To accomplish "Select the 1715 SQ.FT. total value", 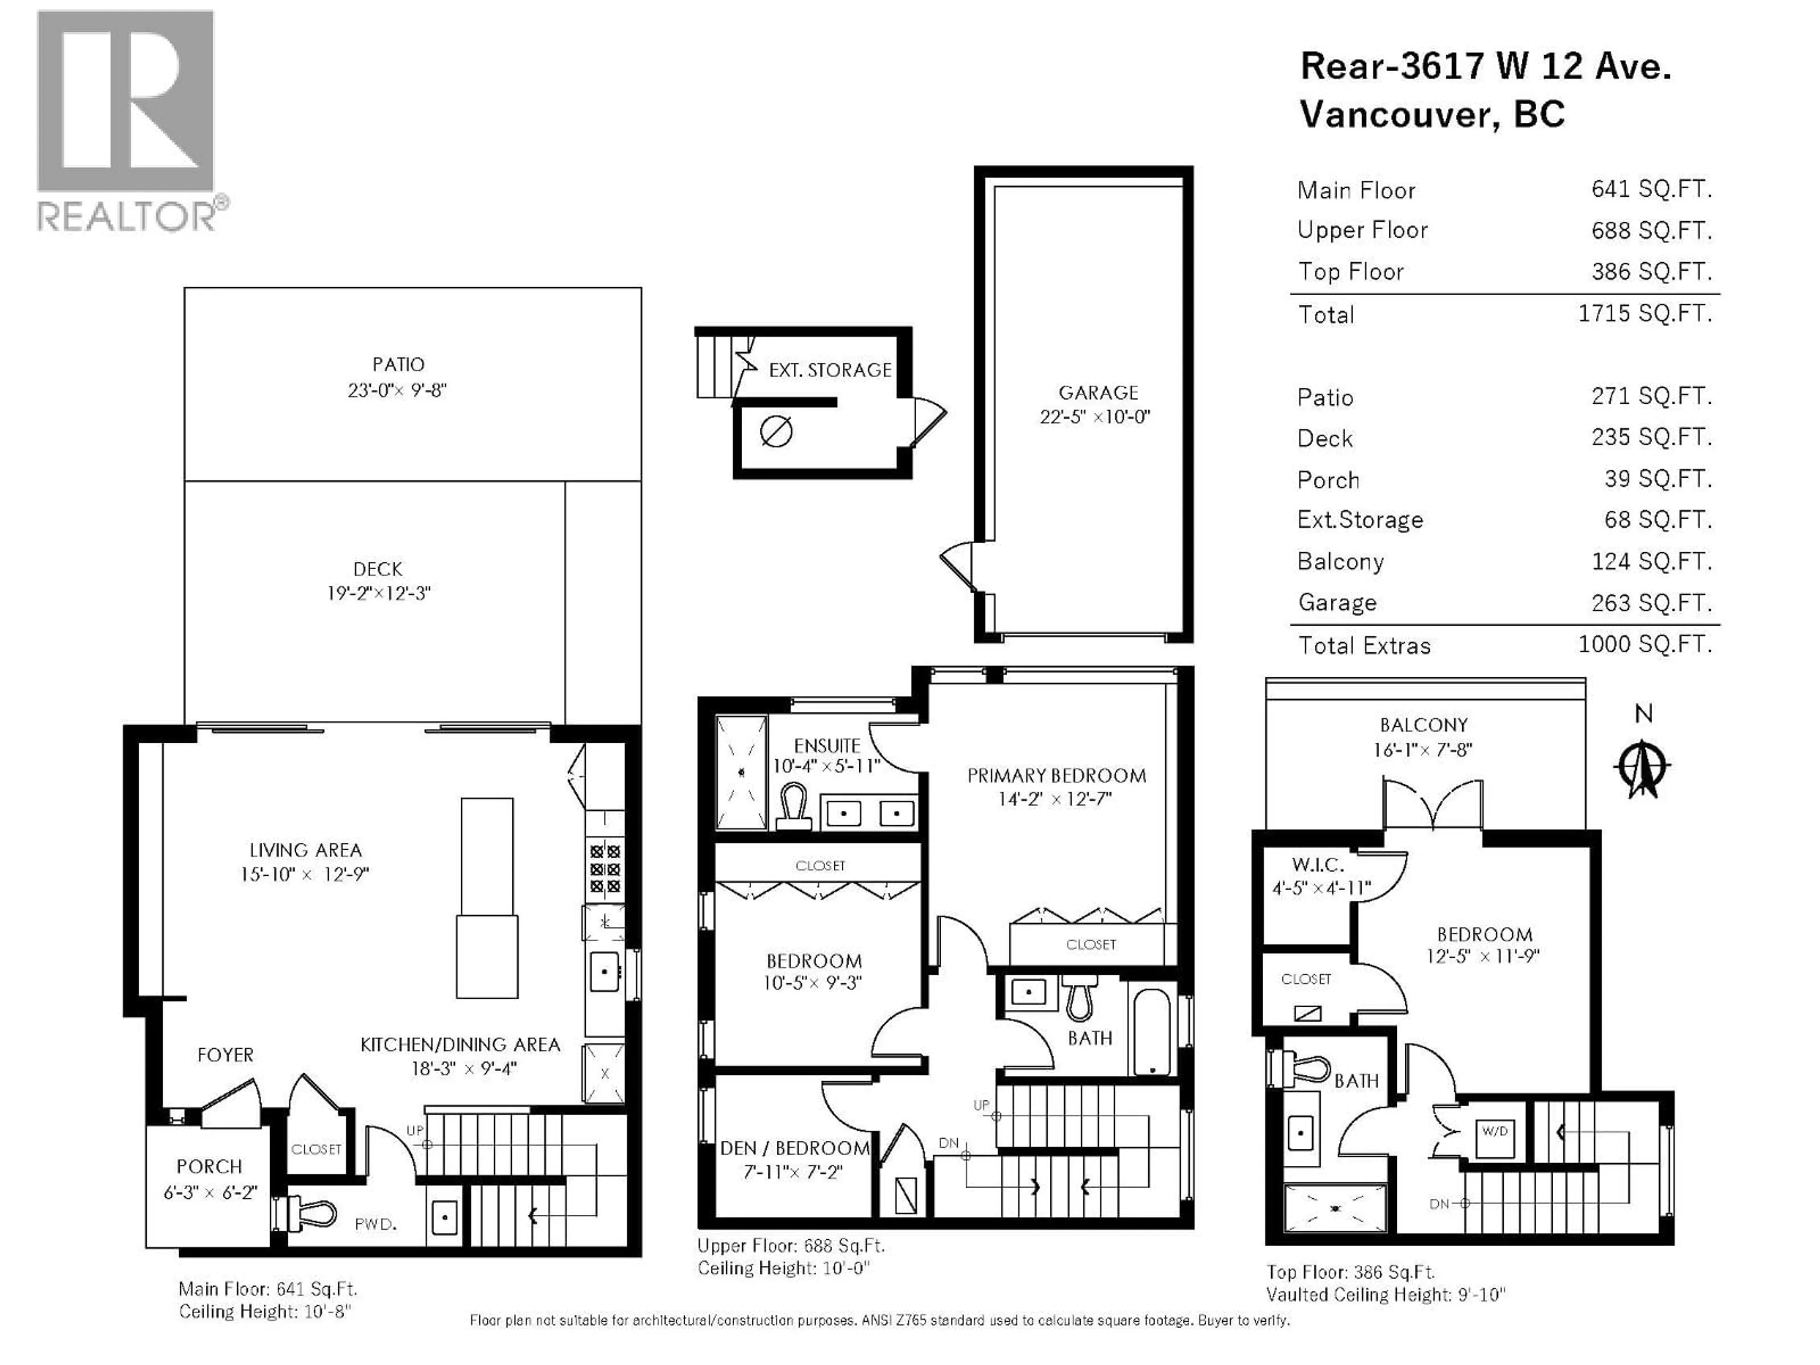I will (x=1644, y=313).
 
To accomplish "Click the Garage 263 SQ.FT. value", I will (x=1650, y=602).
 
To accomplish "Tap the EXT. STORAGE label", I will (x=829, y=370).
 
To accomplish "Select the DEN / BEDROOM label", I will (x=794, y=1148).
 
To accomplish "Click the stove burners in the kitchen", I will (x=605, y=868).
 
